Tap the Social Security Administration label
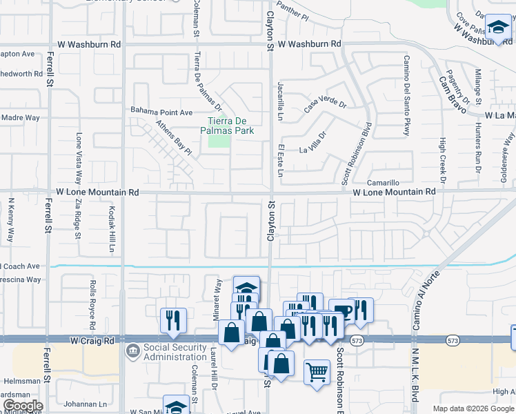[175, 352]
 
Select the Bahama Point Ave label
[162, 112]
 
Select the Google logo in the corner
[22, 406]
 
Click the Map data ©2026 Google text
[473, 408]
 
